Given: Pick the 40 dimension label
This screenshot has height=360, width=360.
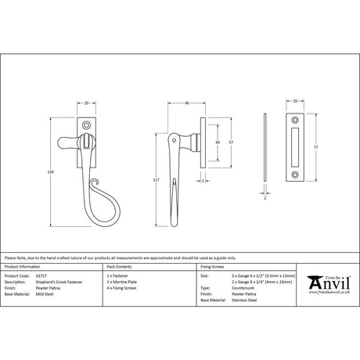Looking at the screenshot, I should [x=216, y=142].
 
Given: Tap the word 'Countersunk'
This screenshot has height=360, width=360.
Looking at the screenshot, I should [x=244, y=289].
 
